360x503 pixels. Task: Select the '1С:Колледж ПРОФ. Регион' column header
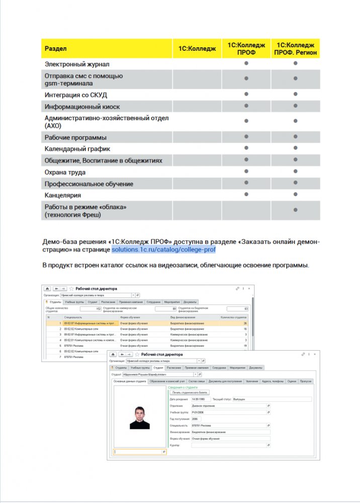295,49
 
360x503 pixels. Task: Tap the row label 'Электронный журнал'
77,64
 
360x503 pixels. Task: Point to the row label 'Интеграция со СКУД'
76,95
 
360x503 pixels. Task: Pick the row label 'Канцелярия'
63,195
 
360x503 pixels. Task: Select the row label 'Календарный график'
77,149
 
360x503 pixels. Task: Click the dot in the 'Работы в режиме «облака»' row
296,210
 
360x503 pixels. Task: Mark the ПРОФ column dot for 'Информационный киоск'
246,106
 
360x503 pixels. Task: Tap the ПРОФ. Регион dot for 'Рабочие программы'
296,137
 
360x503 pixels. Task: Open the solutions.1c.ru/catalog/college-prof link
163,249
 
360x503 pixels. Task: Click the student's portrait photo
139,417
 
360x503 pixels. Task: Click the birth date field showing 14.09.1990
199,399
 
